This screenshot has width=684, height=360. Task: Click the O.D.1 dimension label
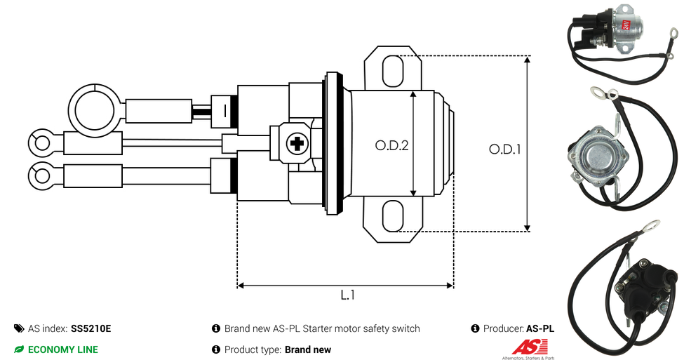tap(504, 149)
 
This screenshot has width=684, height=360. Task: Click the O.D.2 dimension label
tap(391, 145)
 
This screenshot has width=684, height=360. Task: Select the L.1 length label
tap(347, 295)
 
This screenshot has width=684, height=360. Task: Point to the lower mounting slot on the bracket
tap(393, 215)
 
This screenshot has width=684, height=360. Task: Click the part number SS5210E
tap(90, 328)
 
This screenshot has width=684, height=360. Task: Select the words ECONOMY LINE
tap(63, 349)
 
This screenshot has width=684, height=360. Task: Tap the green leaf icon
tap(19, 349)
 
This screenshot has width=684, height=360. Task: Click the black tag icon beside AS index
tap(19, 328)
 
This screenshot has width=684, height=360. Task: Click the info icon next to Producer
tap(476, 328)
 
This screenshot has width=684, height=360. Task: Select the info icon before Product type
tap(216, 349)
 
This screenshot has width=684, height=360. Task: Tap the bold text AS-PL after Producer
tap(539, 328)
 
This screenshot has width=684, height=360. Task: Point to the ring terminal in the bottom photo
tap(650, 226)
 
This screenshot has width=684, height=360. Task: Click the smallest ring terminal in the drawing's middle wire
tap(41, 142)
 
